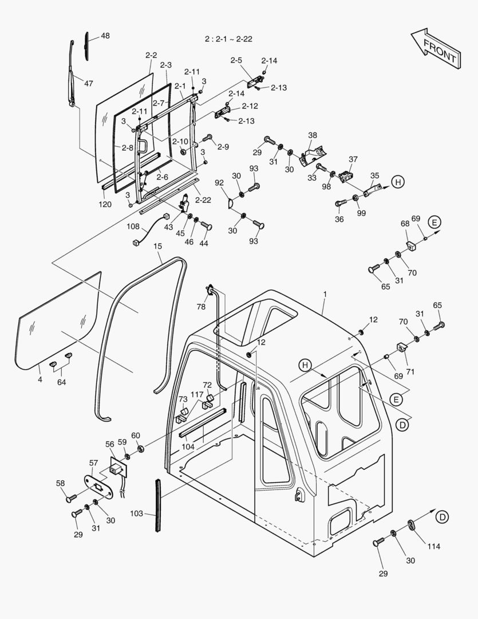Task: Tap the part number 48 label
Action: coord(105,36)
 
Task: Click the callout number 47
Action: coord(88,83)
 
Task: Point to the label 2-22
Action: coord(203,200)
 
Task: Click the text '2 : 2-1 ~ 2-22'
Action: coord(228,39)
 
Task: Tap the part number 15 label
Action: coord(157,246)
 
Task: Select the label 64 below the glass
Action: coord(61,382)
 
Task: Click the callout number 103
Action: coord(137,514)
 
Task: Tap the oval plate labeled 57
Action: coord(97,487)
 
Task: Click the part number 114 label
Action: coord(433,546)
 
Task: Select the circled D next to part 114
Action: coord(442,517)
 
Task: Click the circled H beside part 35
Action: coord(398,182)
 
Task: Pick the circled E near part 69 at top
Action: coord(434,222)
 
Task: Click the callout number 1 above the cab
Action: coord(325,294)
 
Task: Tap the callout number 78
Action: coord(201,307)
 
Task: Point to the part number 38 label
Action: coord(312,135)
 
